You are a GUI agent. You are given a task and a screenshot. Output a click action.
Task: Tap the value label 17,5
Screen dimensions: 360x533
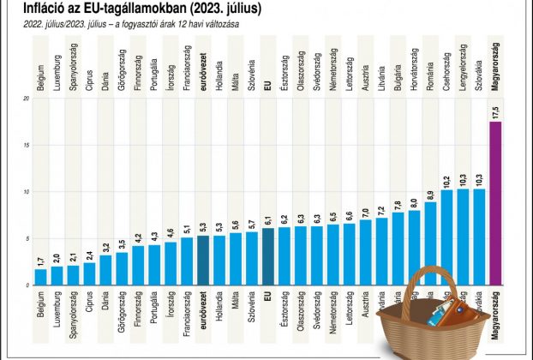pyautogui.click(x=495, y=111)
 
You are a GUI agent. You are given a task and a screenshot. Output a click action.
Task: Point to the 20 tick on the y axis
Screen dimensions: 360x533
pyautogui.click(x=27, y=99)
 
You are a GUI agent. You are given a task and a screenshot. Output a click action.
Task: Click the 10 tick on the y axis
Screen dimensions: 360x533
pyautogui.click(x=27, y=191)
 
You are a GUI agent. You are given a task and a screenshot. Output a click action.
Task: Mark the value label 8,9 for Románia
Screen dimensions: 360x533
pyautogui.click(x=430, y=194)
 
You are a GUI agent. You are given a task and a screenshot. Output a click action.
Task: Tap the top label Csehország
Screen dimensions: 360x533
pyautogui.click(x=446, y=70)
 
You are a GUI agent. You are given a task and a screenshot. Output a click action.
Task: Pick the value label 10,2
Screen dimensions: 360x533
pyautogui.click(x=446, y=182)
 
